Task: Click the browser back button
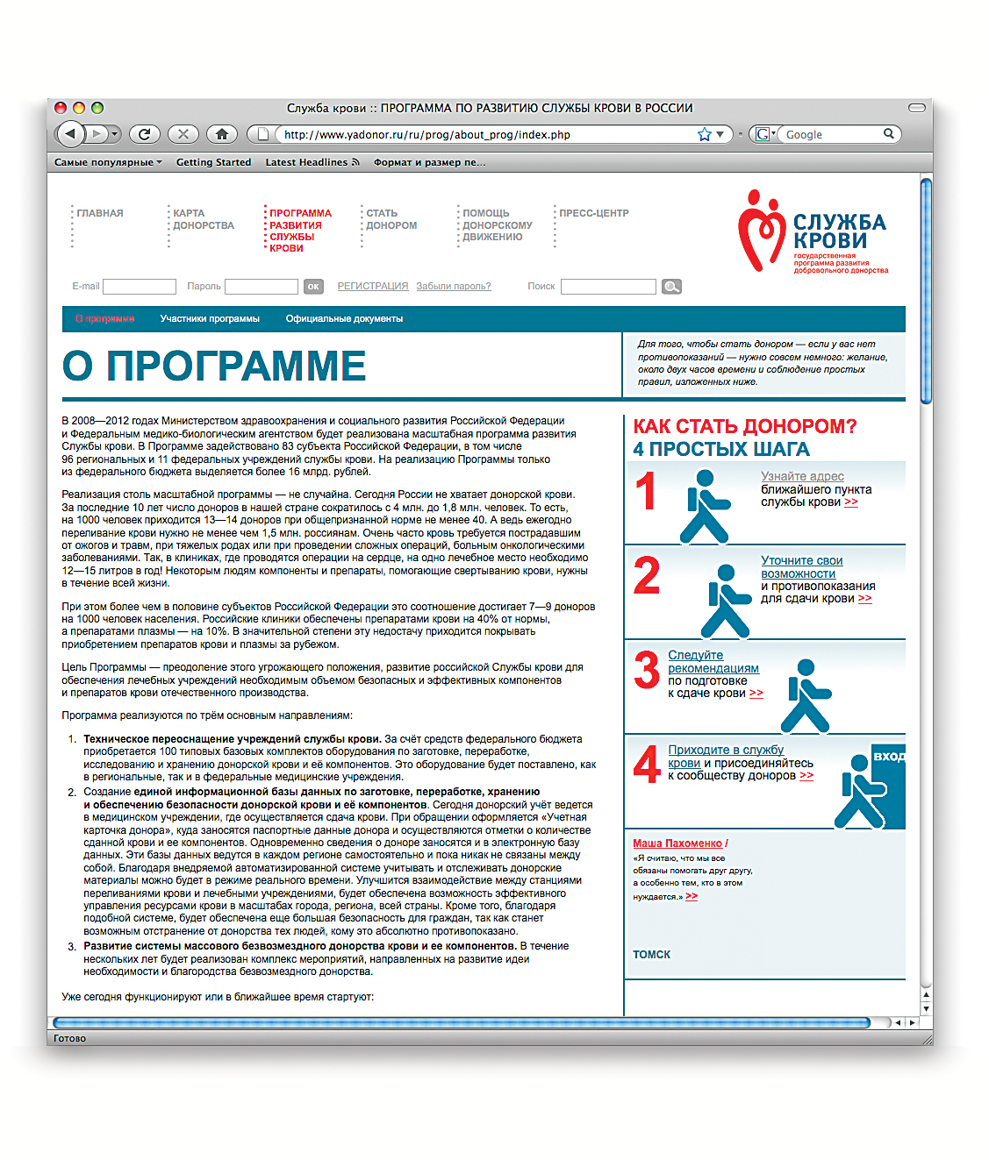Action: pos(70,134)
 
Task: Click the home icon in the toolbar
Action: pos(222,134)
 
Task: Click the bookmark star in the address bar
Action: pos(704,134)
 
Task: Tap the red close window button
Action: pos(61,108)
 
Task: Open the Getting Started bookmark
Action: pos(213,162)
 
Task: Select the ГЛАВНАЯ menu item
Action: pos(100,213)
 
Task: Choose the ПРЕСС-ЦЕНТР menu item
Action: pos(594,213)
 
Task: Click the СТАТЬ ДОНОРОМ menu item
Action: pos(391,219)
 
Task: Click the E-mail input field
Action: pos(140,287)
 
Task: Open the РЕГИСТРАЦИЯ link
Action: pos(373,287)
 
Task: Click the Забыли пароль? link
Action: pos(454,287)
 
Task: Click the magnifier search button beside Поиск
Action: pos(671,287)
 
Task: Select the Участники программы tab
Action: pos(210,319)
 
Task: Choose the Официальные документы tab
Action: pos(344,319)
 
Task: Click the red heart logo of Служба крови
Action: pos(759,230)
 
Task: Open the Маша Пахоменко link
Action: pos(677,843)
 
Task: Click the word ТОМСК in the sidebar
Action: pos(652,955)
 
